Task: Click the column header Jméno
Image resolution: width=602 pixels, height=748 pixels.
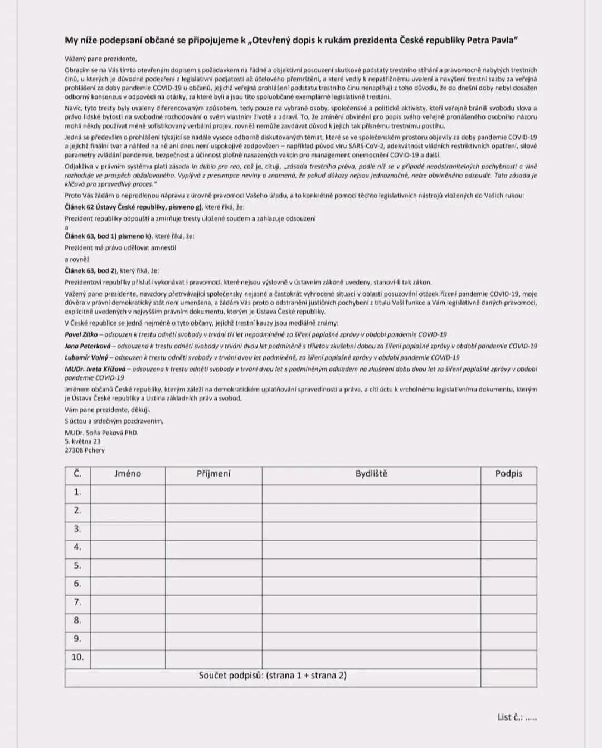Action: [128, 474]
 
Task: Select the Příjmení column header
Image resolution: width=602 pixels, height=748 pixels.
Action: [213, 474]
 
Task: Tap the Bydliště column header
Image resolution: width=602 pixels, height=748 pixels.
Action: [371, 474]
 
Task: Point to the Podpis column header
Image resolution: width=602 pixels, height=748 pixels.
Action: [508, 474]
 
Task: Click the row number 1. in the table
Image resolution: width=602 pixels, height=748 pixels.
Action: [77, 492]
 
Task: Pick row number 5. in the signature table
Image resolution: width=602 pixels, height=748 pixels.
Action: [77, 566]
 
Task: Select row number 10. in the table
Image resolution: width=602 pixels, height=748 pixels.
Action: [77, 658]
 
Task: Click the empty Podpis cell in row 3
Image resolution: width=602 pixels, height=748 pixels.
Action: [508, 529]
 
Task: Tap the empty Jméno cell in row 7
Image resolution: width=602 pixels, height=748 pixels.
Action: [128, 603]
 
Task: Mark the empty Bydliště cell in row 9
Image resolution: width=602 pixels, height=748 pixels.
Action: [371, 639]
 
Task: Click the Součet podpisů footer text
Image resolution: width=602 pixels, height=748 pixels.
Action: [273, 676]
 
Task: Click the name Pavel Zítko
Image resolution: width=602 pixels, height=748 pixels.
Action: [81, 334]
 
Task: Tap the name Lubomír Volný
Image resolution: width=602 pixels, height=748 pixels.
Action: [86, 357]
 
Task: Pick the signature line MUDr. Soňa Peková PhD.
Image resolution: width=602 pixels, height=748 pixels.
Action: [101, 433]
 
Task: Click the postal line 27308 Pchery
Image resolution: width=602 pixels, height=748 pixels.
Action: [85, 450]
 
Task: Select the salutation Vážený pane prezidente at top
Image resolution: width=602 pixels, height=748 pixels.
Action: [100, 59]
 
